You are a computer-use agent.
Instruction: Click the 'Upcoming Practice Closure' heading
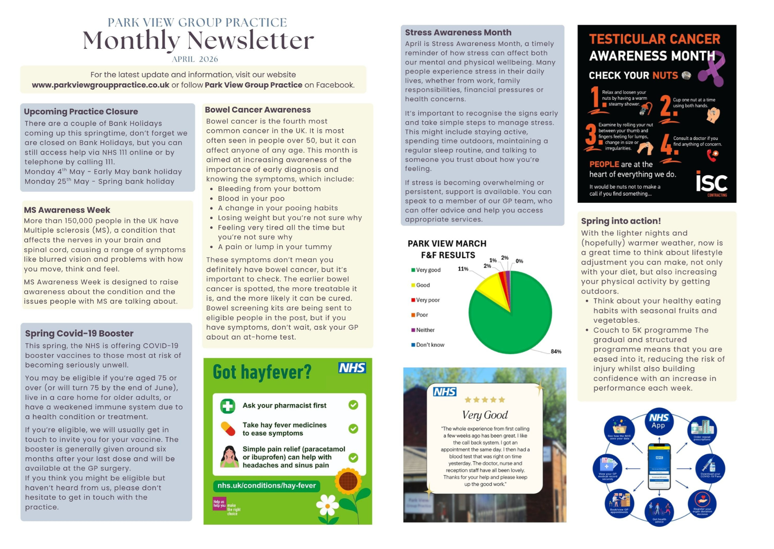click(x=81, y=112)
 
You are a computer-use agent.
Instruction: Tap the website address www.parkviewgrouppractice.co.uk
click(x=101, y=85)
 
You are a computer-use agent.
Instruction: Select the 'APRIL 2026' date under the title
click(x=195, y=59)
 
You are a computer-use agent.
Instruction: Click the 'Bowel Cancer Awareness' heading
click(x=258, y=110)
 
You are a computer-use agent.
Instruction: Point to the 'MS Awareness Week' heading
click(x=67, y=210)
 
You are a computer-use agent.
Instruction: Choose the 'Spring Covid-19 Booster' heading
click(x=79, y=333)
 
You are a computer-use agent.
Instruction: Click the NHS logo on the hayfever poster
click(x=352, y=368)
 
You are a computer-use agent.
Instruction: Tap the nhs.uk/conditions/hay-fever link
click(x=267, y=486)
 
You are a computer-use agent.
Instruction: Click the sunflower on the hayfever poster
click(x=348, y=482)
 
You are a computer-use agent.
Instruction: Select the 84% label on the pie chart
click(x=556, y=352)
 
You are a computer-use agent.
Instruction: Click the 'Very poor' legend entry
click(x=427, y=300)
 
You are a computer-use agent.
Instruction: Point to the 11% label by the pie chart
click(x=463, y=269)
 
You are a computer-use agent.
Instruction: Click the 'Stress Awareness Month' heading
click(x=458, y=32)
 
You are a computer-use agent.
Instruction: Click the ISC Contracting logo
click(x=712, y=183)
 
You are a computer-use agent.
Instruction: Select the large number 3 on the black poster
click(x=591, y=135)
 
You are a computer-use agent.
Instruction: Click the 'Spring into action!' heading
click(x=621, y=221)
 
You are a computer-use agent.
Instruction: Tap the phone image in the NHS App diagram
click(x=659, y=467)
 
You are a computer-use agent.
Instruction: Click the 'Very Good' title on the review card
click(x=485, y=415)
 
